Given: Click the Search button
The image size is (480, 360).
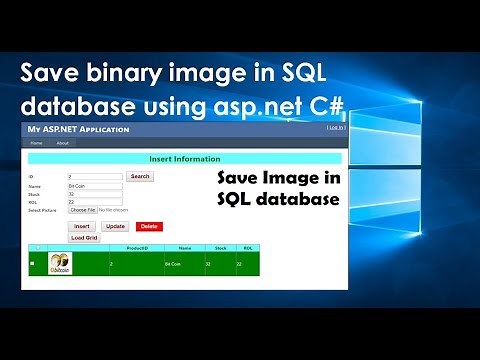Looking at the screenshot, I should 140,176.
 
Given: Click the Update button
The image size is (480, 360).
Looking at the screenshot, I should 114,227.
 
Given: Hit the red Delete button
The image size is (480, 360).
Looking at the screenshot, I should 148,227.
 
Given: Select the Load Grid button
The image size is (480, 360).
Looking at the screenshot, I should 84,238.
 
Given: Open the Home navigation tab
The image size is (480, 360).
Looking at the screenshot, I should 36,143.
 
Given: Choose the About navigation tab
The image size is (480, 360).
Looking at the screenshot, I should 62,143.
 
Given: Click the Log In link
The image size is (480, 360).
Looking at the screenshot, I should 336,129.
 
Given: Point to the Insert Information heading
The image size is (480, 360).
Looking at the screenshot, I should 184,158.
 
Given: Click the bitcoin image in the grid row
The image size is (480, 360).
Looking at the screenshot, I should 61,265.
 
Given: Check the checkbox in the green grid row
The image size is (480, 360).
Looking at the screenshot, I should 32,263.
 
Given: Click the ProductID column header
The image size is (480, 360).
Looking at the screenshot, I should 137,247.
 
